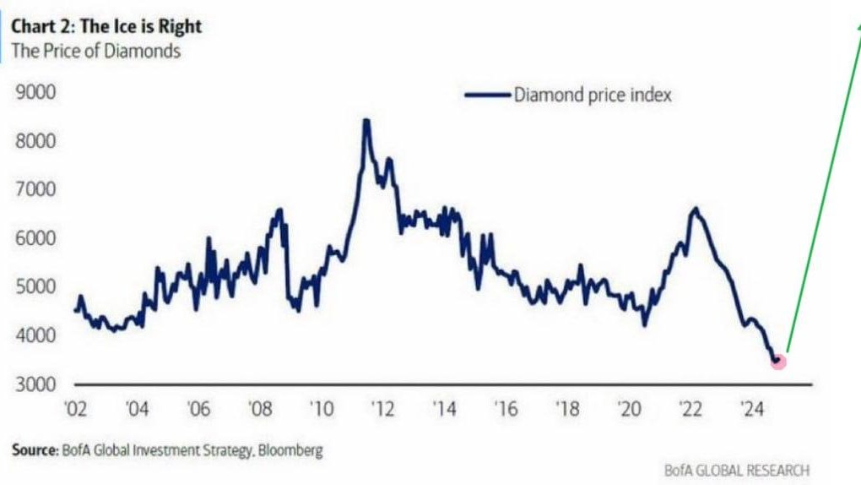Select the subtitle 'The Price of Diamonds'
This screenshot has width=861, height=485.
pyautogui.click(x=96, y=50)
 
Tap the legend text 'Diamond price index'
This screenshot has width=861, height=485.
pyautogui.click(x=593, y=95)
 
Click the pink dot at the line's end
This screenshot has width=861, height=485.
pyautogui.click(x=778, y=362)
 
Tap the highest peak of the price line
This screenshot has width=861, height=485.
pyautogui.click(x=366, y=121)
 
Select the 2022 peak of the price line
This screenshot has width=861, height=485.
pyautogui.click(x=695, y=208)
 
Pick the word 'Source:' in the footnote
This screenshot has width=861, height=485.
pyautogui.click(x=35, y=450)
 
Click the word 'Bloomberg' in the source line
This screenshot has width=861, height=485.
pyautogui.click(x=291, y=450)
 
